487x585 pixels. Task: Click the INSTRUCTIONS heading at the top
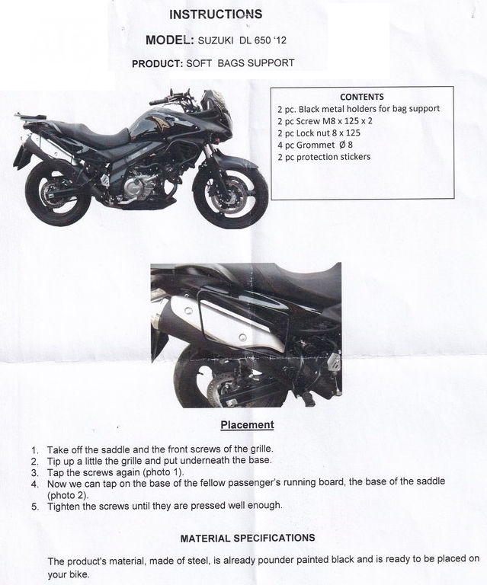pos(216,14)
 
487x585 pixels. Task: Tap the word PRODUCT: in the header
pos(157,64)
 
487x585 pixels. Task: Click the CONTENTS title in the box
pos(362,97)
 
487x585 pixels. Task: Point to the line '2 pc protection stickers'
pos(324,157)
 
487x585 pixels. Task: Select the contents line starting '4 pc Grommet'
pos(319,145)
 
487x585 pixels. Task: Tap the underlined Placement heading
pos(247,424)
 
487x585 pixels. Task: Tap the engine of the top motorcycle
pos(142,183)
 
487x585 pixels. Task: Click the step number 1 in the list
pos(35,450)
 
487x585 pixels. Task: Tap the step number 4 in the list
pos(35,483)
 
